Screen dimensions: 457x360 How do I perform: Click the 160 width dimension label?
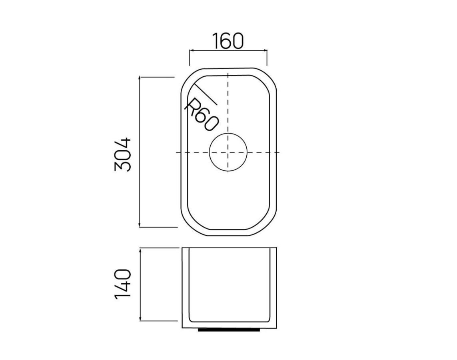228,41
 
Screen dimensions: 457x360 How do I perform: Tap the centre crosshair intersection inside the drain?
228,152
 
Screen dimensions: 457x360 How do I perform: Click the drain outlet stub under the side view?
229,330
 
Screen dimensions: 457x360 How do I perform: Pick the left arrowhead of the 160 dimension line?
191,50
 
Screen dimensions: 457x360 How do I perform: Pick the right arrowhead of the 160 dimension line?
265,50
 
